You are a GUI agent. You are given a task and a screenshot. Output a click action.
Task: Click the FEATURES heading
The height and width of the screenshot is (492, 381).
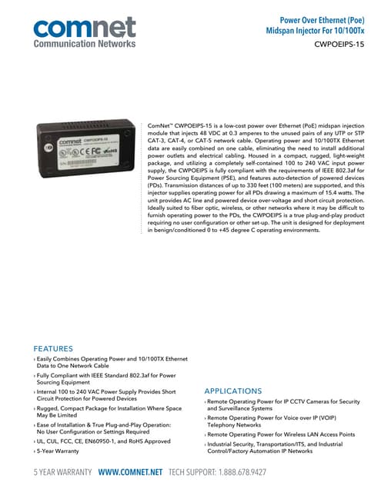53,347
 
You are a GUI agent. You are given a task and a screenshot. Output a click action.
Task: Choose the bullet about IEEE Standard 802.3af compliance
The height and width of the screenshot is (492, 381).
104,380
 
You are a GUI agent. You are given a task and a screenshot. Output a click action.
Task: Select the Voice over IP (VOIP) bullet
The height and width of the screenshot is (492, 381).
277,420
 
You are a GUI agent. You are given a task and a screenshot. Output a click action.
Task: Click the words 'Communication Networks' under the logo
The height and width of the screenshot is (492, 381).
84,44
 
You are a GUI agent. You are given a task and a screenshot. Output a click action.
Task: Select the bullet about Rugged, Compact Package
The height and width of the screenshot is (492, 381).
108,412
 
